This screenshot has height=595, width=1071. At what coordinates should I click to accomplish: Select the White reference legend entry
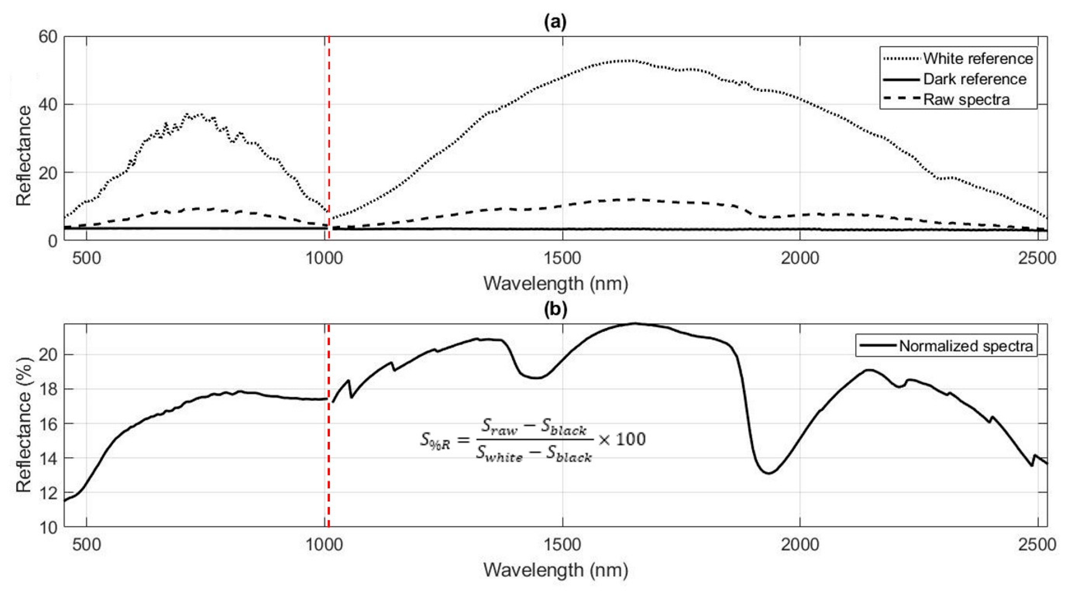tap(978, 59)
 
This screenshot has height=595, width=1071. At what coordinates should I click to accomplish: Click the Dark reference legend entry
tap(974, 79)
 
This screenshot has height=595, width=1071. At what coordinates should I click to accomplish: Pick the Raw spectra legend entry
tap(966, 99)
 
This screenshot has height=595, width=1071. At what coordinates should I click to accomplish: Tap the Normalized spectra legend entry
tap(965, 346)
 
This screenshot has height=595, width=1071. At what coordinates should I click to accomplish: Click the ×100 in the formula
tap(622, 439)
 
